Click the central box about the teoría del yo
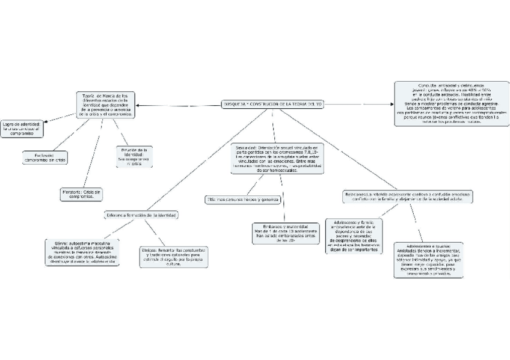[273, 105]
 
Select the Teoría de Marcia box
[105, 104]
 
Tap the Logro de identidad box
[22, 129]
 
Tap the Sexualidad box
[277, 159]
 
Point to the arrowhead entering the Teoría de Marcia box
[140, 106]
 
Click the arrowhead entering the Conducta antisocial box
[392, 105]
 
